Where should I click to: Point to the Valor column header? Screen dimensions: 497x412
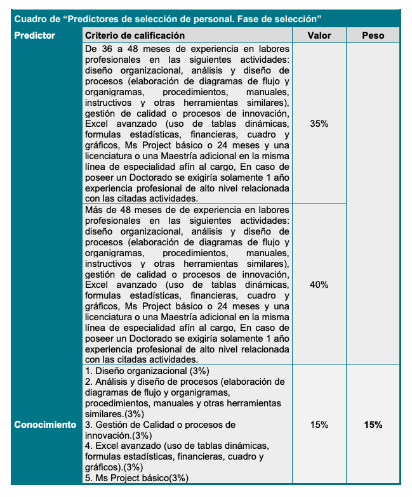pos(319,35)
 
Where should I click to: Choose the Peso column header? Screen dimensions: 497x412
pos(373,35)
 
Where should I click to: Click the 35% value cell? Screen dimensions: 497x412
pos(319,124)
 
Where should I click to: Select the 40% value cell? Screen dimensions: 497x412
pos(319,285)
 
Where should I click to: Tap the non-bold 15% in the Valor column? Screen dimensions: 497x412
pos(319,425)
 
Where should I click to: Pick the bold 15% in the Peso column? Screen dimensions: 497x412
pos(373,425)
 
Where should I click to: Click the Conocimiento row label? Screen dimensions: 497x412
pos(45,425)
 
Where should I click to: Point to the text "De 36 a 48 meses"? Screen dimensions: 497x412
pos(121,49)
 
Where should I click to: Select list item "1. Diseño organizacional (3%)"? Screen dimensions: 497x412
pos(147,371)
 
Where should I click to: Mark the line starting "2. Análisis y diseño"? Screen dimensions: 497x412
pos(184,381)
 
